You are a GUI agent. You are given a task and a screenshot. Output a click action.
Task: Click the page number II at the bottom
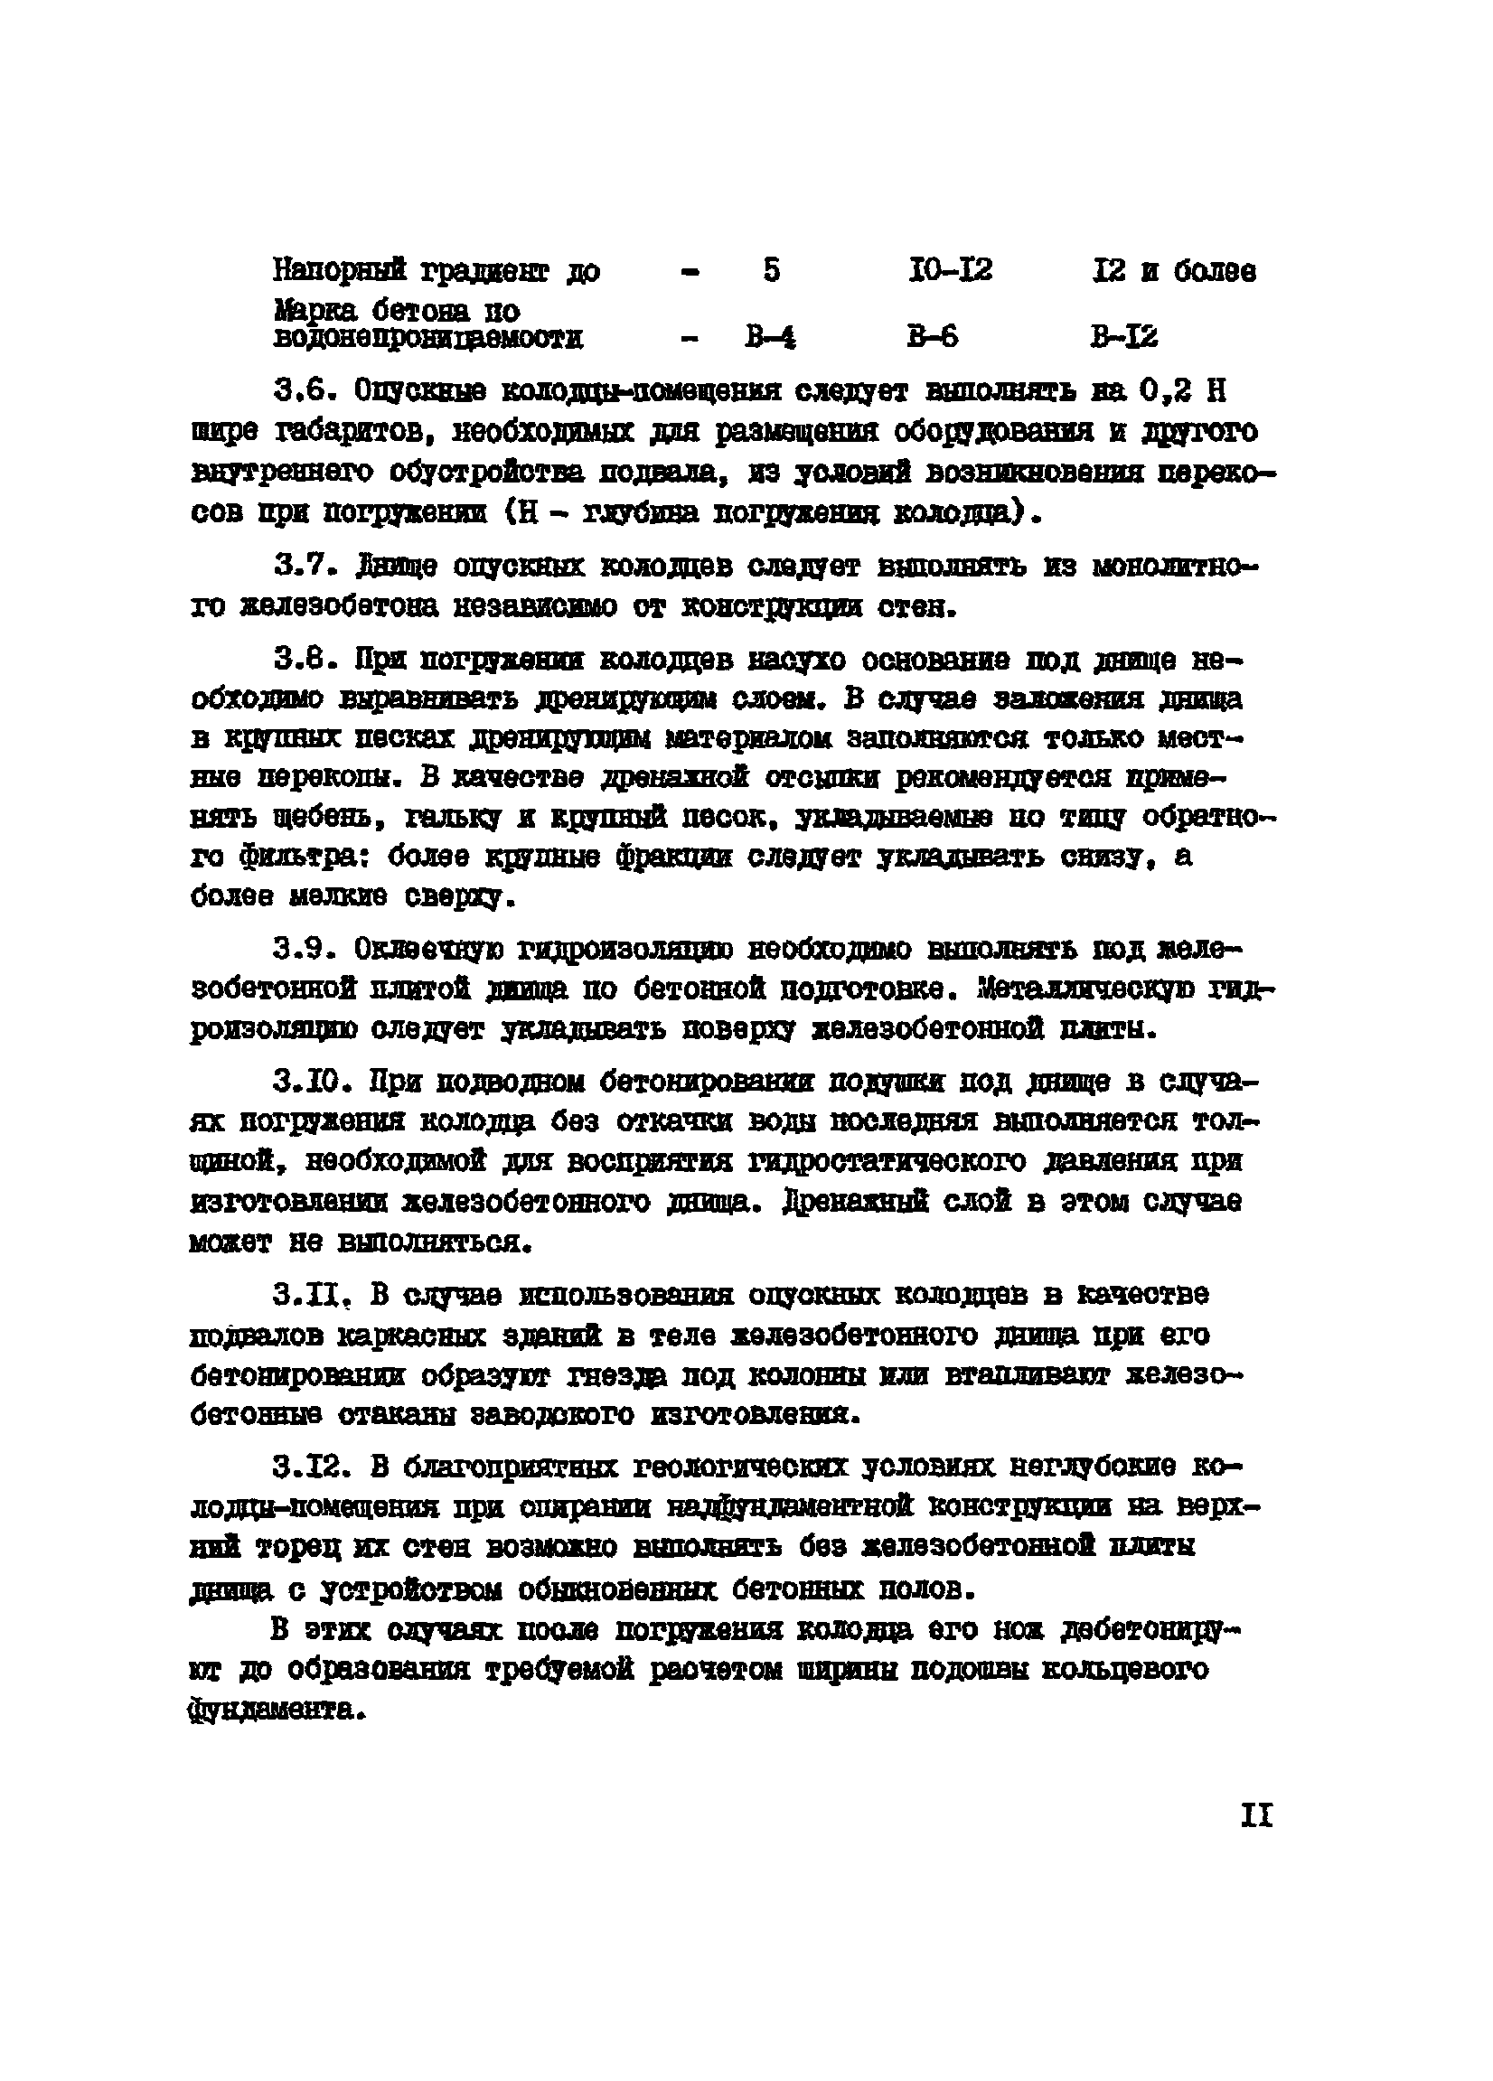coord(1255,1814)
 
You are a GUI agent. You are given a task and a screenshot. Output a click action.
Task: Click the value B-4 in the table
coord(770,339)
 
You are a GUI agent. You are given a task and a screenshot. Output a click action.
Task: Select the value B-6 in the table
coord(933,338)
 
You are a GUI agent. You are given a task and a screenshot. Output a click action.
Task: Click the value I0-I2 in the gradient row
coord(949,271)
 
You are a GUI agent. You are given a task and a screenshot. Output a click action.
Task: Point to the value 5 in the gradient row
coord(771,271)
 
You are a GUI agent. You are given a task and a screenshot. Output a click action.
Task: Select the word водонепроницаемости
coord(427,339)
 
